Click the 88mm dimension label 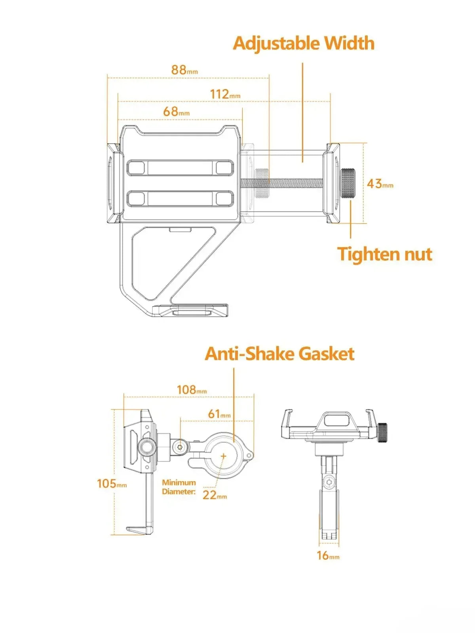tap(184, 70)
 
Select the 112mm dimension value tap(225, 94)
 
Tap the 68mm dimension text tap(176, 111)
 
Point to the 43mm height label tap(380, 184)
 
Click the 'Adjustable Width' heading tap(303, 43)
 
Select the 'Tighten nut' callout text tap(385, 254)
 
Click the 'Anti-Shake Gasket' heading tap(279, 354)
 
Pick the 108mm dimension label tap(192, 390)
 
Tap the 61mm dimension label tap(219, 414)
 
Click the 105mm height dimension tap(112, 483)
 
